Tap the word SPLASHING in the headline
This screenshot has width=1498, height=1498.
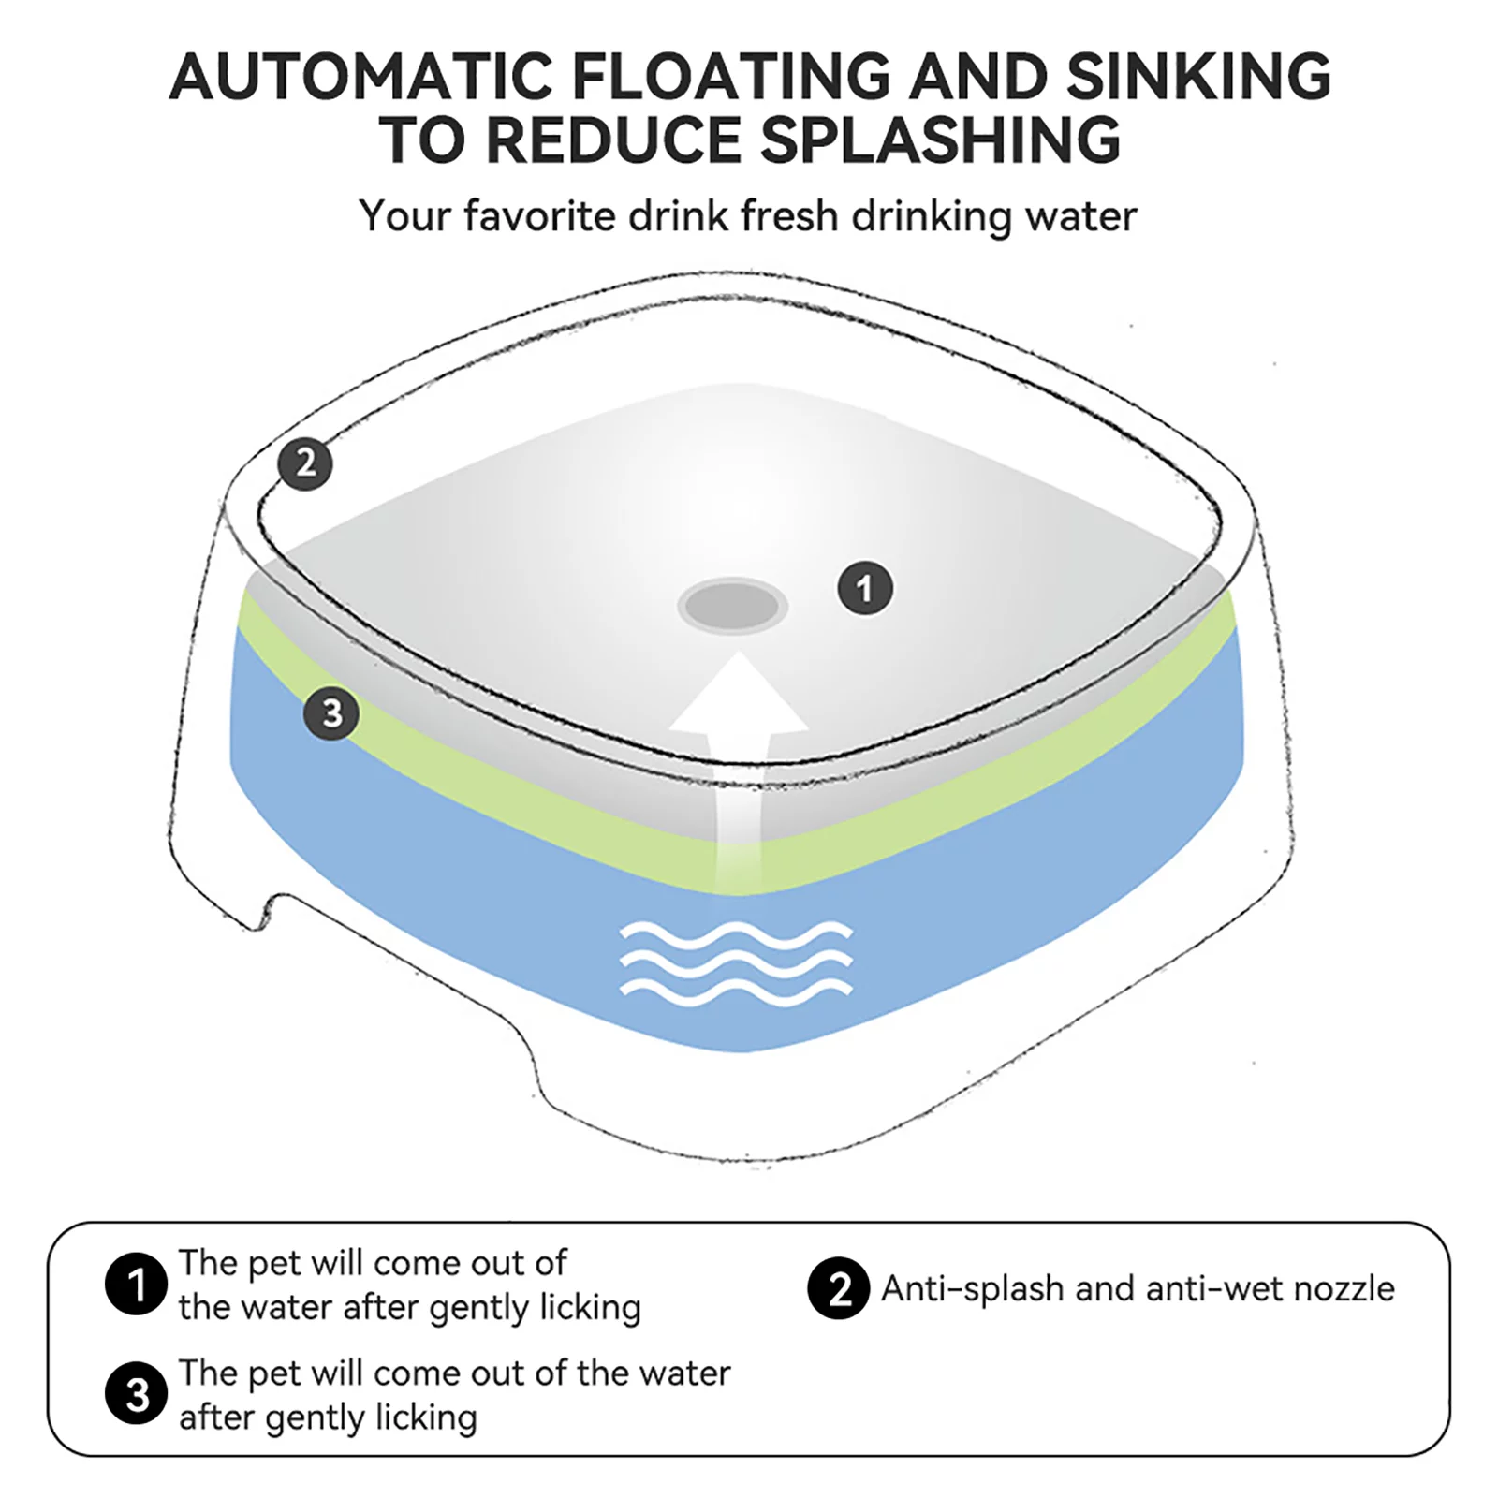(940, 140)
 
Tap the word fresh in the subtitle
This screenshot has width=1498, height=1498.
(789, 216)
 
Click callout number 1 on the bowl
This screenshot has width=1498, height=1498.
(864, 588)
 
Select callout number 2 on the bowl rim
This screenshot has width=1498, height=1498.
(305, 463)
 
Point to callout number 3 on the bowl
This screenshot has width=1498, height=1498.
(331, 713)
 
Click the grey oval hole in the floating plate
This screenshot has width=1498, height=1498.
(732, 606)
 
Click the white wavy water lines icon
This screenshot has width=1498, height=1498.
(737, 963)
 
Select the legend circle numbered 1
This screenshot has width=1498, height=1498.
(136, 1284)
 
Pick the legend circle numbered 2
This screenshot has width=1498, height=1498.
(838, 1288)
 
